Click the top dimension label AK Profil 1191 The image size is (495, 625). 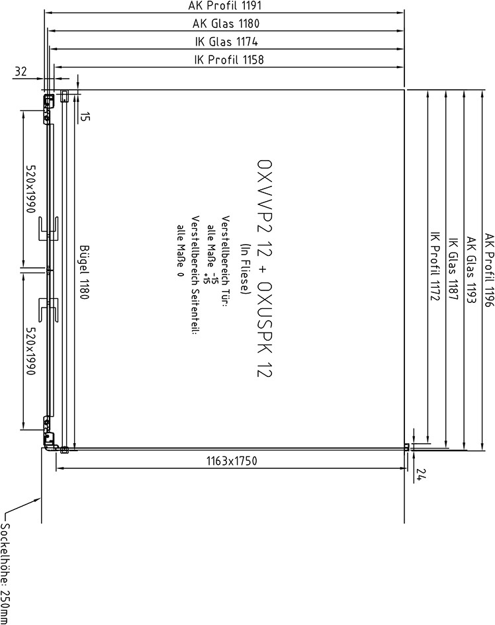pos(225,6)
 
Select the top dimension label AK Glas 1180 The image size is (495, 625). pos(226,24)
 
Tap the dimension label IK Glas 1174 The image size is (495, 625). pos(226,42)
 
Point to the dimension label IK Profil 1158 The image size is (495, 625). pos(229,60)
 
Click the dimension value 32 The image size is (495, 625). pos(21,71)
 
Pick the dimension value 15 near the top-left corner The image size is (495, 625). pos(85,116)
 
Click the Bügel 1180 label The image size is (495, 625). pos(84,272)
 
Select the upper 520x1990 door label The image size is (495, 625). pos(30,188)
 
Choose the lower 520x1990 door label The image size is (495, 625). pos(30,351)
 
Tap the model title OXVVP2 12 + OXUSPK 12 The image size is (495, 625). pos(265,269)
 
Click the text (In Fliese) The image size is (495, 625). pos(244,269)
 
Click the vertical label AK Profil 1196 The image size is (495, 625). pos(489,271)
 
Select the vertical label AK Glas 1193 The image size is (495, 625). pos(471,271)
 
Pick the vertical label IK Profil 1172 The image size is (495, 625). pos(435,267)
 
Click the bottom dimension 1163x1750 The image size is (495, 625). pos(232,461)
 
